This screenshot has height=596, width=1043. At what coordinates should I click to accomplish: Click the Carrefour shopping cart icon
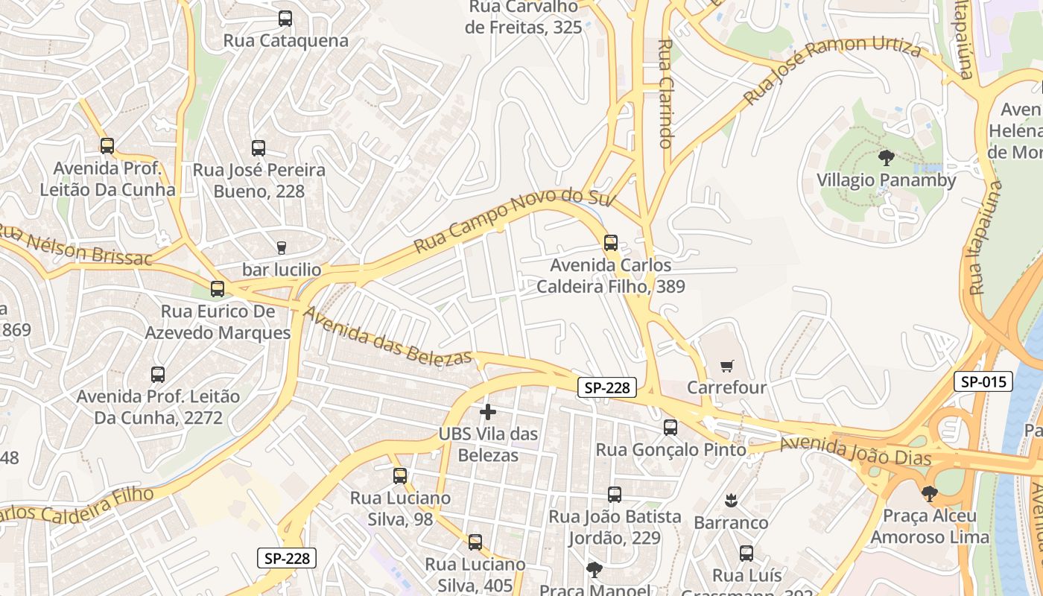click(727, 366)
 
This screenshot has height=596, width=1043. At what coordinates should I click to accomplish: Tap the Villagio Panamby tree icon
click(886, 158)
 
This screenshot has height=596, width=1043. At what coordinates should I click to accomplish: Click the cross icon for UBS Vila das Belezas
click(488, 411)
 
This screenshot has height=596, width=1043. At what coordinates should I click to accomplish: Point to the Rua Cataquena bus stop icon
click(285, 19)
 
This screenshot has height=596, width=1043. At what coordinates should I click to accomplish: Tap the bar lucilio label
click(282, 269)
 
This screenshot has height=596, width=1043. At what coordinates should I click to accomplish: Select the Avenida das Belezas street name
click(387, 336)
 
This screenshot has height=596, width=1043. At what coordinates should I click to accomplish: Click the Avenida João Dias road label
click(855, 451)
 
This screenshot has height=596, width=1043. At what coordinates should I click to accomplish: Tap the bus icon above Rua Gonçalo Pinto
click(670, 428)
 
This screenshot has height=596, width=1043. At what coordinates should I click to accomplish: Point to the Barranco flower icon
click(730, 500)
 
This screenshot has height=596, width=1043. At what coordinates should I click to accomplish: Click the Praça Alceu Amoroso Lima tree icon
click(929, 493)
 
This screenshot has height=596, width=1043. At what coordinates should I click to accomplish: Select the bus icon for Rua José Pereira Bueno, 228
click(259, 148)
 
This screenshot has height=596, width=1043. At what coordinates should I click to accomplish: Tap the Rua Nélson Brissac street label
click(74, 245)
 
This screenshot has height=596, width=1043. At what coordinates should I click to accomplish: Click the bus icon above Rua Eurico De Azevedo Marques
click(218, 289)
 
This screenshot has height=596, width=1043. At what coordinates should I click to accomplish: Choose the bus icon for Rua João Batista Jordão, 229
click(615, 495)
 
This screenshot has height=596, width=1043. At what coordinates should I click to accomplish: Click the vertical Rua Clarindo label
click(666, 93)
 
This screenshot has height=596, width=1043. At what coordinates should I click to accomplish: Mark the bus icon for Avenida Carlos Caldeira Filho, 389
click(611, 243)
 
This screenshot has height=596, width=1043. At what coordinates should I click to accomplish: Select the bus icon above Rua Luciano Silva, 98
click(400, 475)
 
